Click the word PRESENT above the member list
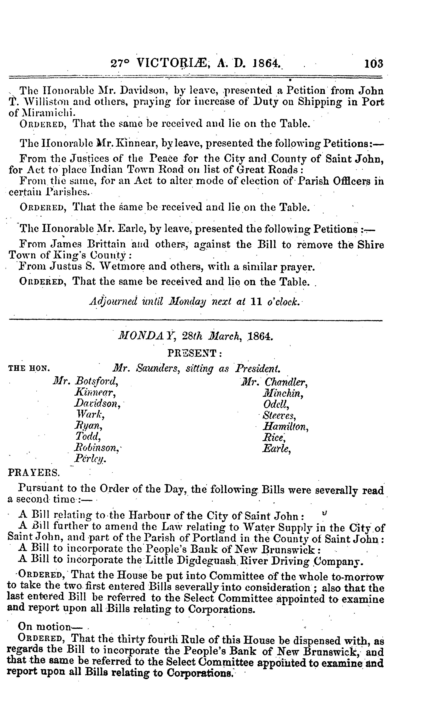click(194, 353)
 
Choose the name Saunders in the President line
click(158, 369)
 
